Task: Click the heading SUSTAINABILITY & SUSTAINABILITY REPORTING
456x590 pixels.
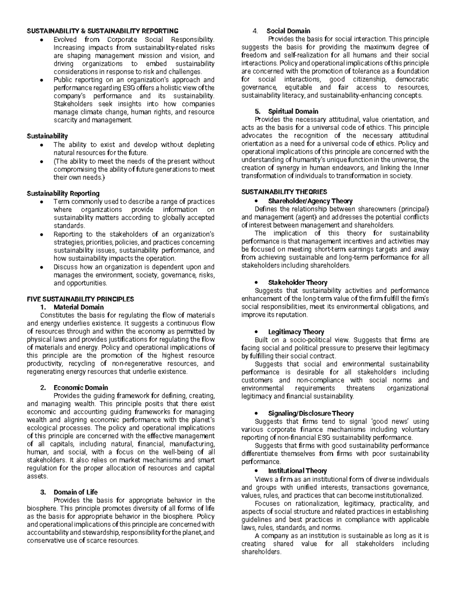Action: click(102, 31)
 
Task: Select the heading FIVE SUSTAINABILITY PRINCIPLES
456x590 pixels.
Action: click(80, 299)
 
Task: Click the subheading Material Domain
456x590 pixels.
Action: click(79, 307)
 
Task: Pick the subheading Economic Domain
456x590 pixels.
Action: click(81, 388)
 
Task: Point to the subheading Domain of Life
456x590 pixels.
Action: click(76, 492)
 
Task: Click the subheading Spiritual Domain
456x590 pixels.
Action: click(293, 111)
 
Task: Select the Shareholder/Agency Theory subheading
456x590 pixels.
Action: click(310, 201)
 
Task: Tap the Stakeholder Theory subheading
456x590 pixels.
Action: click(298, 282)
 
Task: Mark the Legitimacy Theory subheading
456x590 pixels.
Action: click(296, 332)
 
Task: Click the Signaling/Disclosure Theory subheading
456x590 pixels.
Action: click(311, 413)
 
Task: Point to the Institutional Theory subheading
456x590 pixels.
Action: click(297, 471)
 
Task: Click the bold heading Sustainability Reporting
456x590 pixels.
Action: click(63, 193)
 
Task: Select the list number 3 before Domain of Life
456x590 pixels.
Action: click(43, 492)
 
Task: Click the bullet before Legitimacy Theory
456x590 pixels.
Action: click(258, 332)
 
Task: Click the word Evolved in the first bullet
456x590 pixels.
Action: click(65, 39)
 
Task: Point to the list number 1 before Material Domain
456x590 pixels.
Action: click(43, 307)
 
